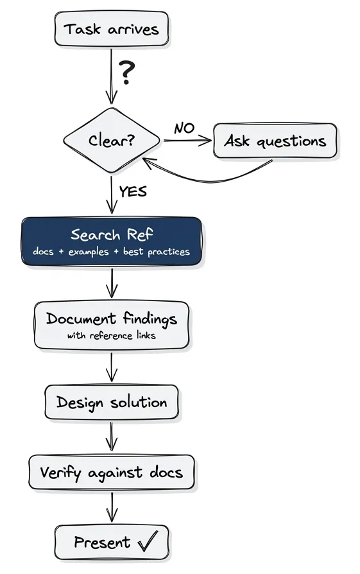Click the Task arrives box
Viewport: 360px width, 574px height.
point(111,29)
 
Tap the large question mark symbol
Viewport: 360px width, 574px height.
point(128,73)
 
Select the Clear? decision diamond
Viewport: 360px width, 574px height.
point(112,140)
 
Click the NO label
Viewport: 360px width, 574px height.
point(184,128)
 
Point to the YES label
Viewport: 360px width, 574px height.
point(133,191)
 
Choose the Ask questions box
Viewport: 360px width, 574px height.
point(275,141)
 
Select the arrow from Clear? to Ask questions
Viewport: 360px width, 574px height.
point(187,141)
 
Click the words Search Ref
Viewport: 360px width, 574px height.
point(112,234)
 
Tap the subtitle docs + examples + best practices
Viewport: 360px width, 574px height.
point(112,252)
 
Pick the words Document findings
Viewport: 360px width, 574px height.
point(112,318)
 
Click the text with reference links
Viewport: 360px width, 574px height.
point(112,335)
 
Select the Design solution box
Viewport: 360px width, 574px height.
point(112,403)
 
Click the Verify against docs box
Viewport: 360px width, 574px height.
point(112,473)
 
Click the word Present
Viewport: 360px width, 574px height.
point(102,543)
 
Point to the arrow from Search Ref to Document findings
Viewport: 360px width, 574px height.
point(112,283)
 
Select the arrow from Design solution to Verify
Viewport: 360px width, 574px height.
point(112,437)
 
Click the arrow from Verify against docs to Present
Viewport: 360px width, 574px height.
point(112,507)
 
